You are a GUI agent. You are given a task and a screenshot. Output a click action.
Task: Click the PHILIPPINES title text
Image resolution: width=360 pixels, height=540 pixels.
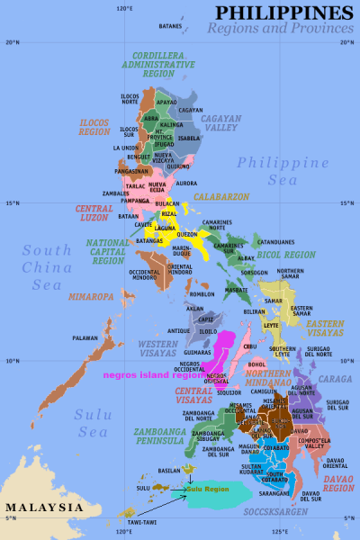click(284, 12)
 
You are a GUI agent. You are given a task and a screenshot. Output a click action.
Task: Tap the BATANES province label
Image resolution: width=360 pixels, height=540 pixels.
click(170, 26)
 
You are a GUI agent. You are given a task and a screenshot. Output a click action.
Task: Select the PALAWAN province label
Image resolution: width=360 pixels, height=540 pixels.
click(85, 338)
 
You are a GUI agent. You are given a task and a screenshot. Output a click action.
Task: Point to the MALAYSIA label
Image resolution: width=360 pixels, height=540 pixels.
click(43, 508)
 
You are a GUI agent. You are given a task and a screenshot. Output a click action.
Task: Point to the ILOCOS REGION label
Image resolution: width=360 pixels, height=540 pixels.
click(94, 127)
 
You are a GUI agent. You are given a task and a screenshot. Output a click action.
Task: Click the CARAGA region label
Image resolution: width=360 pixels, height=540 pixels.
click(331, 380)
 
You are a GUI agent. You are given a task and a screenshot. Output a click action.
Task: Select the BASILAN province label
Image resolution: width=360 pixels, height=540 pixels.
click(170, 470)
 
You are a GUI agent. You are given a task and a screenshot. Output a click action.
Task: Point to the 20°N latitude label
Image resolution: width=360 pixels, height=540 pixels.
click(12, 41)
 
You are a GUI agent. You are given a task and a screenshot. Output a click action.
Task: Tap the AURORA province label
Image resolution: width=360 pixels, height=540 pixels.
click(186, 183)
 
